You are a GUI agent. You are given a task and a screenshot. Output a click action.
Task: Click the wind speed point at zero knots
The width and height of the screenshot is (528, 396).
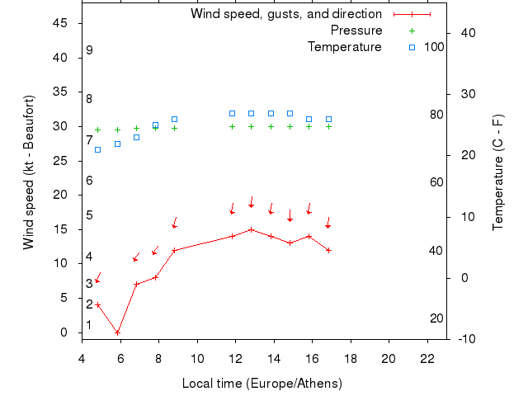pos(117,332)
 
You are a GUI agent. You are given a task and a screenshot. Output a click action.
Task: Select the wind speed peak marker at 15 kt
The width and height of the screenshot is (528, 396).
pos(251,229)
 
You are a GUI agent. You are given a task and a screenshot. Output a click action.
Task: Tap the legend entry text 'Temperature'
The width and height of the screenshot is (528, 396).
pos(345,47)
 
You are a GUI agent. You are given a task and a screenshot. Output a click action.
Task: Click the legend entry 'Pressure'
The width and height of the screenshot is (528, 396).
pos(356,31)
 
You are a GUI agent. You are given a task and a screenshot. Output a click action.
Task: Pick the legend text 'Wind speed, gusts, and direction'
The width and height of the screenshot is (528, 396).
pos(286,14)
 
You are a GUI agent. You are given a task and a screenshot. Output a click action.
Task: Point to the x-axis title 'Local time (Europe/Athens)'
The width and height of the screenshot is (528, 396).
pos(262,384)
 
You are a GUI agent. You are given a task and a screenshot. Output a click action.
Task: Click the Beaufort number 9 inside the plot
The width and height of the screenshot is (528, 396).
pos(89,50)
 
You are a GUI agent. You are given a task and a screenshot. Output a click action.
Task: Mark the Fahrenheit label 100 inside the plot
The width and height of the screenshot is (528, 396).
pos(434,47)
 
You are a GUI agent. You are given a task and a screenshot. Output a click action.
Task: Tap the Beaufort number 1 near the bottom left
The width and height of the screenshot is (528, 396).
pos(89,325)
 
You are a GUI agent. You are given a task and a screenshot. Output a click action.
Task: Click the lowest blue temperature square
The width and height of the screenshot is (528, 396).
pos(97,149)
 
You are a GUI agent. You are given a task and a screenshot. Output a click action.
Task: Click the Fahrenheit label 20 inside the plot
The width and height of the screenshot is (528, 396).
pos(437,318)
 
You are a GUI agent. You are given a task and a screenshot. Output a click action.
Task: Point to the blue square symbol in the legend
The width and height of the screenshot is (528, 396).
pos(412,47)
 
